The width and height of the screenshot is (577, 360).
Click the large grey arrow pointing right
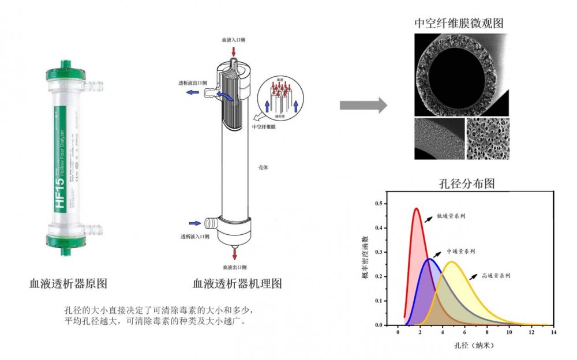(362, 105)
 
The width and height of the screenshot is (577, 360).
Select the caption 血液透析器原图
(68, 284)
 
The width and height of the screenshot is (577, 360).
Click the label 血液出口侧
(235, 268)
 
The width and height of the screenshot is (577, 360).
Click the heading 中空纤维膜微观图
(459, 23)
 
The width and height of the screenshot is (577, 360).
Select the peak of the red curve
(416, 208)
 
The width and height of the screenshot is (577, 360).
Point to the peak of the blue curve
(429, 258)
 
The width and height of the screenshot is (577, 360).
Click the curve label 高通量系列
(496, 275)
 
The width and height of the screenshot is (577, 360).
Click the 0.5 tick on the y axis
(379, 204)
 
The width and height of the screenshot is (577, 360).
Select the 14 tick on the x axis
(554, 333)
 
